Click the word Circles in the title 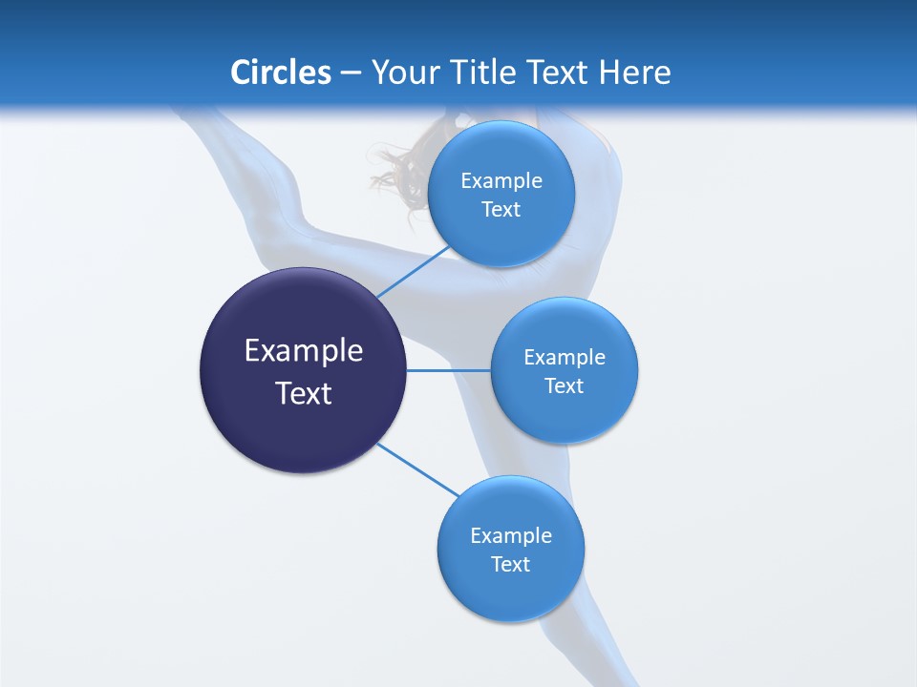(281, 73)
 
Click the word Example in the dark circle (304, 351)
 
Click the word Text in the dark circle (304, 393)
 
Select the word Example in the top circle (501, 181)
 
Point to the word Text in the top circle (501, 210)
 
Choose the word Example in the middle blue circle (565, 358)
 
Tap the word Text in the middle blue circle (564, 386)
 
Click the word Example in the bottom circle (511, 536)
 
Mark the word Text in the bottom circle (510, 565)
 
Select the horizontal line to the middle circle (448, 370)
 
